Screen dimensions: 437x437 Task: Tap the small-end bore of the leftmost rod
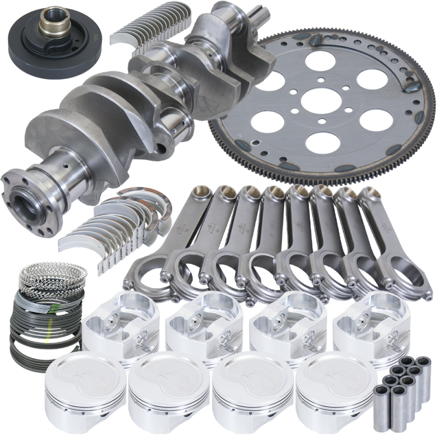click(x=199, y=192)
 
